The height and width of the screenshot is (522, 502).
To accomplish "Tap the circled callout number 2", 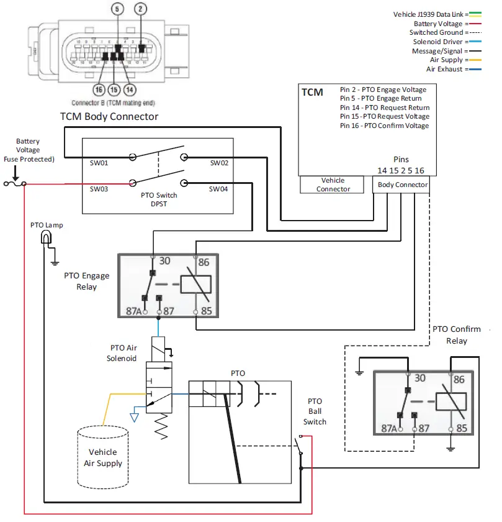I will tap(141, 9).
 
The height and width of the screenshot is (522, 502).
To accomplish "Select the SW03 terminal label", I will tap(99, 189).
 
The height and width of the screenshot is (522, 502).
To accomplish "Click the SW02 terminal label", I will tap(219, 163).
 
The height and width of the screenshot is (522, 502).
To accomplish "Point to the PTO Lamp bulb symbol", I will tap(46, 237).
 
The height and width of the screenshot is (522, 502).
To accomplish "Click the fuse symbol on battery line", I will tap(14, 183).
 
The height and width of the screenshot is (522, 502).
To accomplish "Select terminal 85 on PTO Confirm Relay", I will tap(461, 428).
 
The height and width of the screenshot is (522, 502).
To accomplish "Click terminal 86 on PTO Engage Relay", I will tap(204, 262).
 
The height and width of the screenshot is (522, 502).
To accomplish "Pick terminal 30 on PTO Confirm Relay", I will tap(419, 378).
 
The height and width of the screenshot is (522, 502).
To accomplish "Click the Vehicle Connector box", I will tap(333, 185).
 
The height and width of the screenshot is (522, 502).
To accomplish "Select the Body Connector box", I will tap(402, 185).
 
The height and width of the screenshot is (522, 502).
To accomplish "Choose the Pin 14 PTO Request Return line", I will tap(384, 107).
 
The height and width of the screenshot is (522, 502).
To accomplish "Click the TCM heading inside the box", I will tap(312, 92).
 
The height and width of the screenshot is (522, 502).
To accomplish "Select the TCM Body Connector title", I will tap(109, 116).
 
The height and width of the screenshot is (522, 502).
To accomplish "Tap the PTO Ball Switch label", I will tap(314, 411).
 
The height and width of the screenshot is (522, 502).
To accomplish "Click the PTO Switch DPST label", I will tap(159, 199).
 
